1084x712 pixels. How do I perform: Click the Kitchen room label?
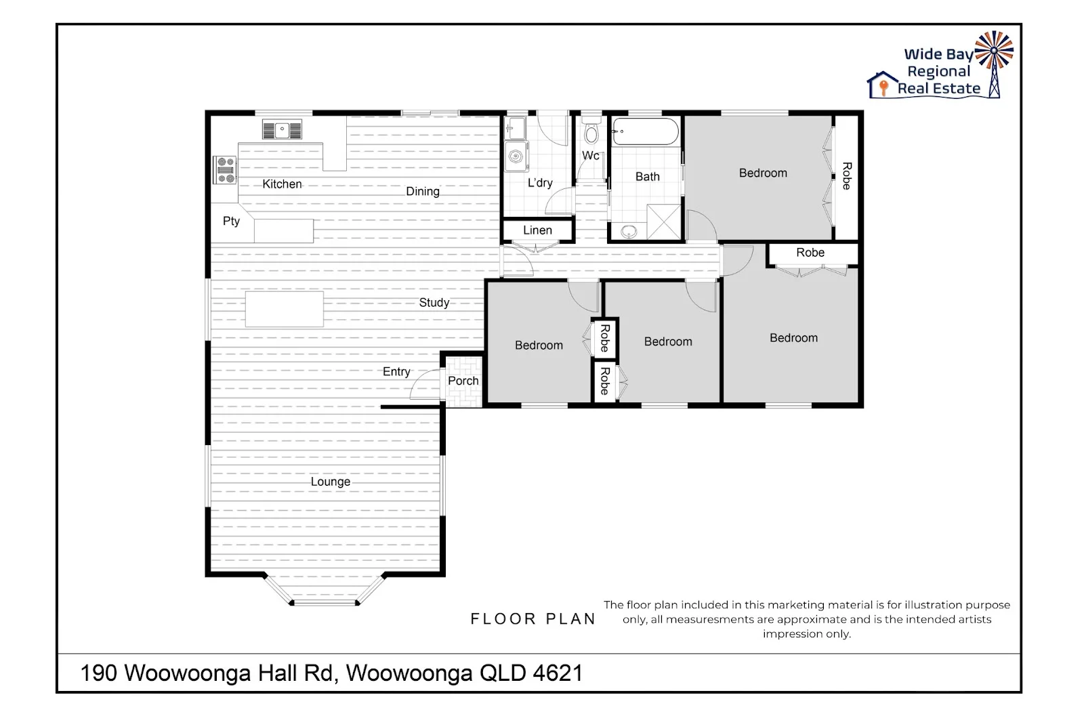[x=282, y=184]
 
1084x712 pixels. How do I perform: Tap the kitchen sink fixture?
[x=283, y=129]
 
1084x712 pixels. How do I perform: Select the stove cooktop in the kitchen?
[x=225, y=169]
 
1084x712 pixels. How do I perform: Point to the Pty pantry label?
[x=231, y=221]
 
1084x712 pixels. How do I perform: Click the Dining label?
[x=423, y=191]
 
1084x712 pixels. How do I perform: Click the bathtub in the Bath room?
[x=644, y=131]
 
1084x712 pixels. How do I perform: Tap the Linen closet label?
[x=537, y=230]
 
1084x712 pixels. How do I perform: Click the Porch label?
[x=463, y=381]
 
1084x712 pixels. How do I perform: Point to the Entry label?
[x=396, y=371]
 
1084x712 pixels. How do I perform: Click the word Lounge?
[x=331, y=482]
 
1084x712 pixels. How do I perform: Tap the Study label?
[x=434, y=302]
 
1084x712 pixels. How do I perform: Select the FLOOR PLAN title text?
[x=533, y=619]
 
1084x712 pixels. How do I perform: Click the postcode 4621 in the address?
[x=558, y=673]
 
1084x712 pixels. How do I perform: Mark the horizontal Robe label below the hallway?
[x=810, y=253]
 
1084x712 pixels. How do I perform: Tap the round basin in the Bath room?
[x=628, y=232]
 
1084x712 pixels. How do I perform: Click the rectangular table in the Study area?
[x=285, y=309]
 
